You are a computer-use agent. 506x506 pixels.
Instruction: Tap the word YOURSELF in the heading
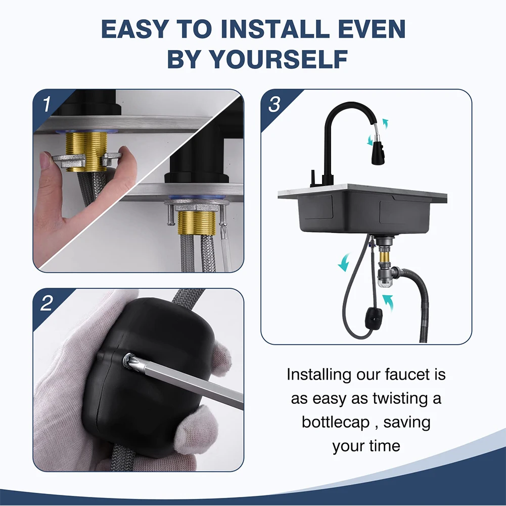[x=278, y=59]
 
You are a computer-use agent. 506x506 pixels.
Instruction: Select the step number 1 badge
[x=47, y=104]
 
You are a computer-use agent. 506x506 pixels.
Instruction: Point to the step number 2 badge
[x=47, y=303]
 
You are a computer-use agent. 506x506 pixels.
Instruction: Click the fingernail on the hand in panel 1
[x=45, y=160]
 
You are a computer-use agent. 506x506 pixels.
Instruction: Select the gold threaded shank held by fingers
[x=86, y=151]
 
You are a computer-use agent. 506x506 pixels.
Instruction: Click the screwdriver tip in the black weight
[x=129, y=359]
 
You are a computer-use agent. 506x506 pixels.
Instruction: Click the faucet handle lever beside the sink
[x=313, y=178]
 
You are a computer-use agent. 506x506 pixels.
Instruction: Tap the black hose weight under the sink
[x=374, y=316]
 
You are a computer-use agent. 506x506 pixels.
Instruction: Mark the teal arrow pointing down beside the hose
[x=344, y=262]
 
